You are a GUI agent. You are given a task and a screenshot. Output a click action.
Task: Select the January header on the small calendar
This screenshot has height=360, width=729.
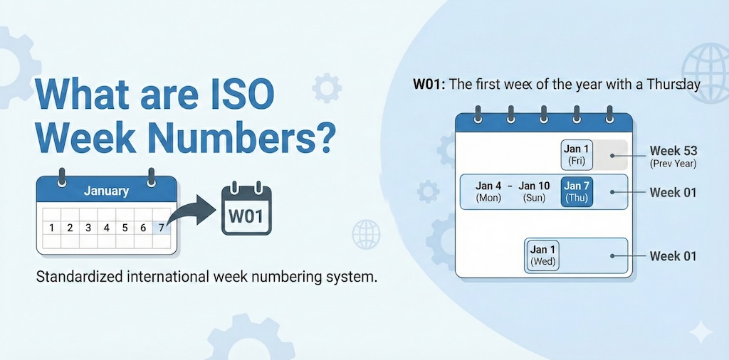pos(106,191)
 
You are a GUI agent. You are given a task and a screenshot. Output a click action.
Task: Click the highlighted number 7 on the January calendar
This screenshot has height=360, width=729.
pos(162,228)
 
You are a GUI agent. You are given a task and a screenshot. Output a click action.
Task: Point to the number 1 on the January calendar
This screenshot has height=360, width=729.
pos(51,228)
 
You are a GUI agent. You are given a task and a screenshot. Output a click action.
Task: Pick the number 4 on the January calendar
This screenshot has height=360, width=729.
pos(107,228)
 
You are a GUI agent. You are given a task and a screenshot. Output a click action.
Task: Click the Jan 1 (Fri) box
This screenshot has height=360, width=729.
pos(577,154)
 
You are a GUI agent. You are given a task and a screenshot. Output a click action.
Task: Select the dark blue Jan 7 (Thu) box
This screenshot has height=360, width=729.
pos(577,192)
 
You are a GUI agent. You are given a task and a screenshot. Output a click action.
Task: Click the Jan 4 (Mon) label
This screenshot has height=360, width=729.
pos(488,192)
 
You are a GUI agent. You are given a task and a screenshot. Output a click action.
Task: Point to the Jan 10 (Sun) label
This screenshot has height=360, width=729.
pos(534,192)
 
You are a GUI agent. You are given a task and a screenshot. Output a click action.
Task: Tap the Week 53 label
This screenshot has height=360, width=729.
pos(673,151)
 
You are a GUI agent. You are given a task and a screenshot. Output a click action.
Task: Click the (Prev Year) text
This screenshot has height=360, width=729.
pos(673,164)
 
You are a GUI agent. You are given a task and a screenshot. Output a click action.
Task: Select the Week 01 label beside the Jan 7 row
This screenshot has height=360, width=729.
pos(673,192)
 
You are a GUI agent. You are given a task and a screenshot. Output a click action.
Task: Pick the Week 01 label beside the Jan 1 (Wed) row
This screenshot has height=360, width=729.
pos(673,256)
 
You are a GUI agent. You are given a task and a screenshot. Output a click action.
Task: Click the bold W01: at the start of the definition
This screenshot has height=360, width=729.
pos(429,85)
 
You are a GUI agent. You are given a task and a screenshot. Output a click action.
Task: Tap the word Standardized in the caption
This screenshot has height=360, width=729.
pos(79,276)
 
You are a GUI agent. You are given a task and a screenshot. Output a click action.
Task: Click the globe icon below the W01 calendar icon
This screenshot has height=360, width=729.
pos(366,234)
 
